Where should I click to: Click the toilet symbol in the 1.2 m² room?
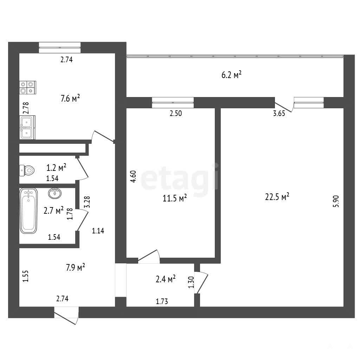[x=27, y=171]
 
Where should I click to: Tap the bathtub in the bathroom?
[x=28, y=211]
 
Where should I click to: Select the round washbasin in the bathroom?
[x=55, y=193]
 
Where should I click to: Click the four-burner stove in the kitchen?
[x=28, y=88]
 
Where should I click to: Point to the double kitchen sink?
[x=27, y=127]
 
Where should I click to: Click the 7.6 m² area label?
[x=70, y=98]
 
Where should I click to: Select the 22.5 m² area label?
[x=277, y=197]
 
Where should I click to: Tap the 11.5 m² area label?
[x=175, y=198]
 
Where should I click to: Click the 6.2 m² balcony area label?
[x=231, y=75]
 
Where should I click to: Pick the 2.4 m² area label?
[x=166, y=279]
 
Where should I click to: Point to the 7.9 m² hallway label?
[x=76, y=268]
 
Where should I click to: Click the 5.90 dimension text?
[x=336, y=201]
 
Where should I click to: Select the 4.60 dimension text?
[x=133, y=176]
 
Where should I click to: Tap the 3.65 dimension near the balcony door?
[x=279, y=114]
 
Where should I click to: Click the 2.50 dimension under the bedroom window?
[x=176, y=114]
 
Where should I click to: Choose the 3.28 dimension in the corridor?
[x=87, y=202]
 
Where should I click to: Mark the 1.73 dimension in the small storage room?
[x=162, y=301]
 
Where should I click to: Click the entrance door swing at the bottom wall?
[x=66, y=316]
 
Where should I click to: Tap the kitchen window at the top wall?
[x=60, y=47]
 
